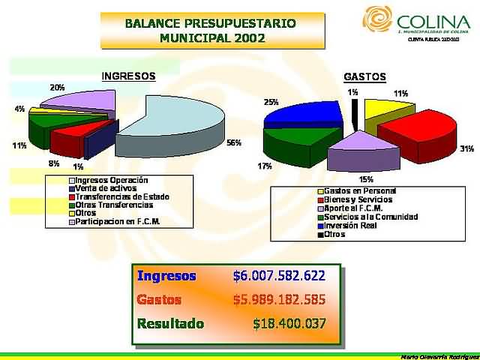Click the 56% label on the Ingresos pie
[233, 142]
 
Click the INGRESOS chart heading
[128, 76]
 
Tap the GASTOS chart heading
[364, 76]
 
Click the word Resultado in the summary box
[170, 324]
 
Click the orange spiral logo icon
[377, 20]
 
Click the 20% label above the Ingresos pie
[57, 88]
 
